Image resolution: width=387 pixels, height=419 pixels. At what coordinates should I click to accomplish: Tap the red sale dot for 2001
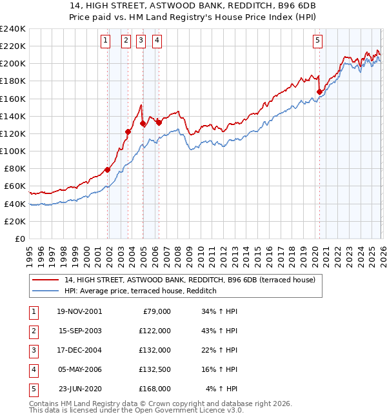point(107,170)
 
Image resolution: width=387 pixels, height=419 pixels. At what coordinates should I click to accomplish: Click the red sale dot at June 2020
point(319,92)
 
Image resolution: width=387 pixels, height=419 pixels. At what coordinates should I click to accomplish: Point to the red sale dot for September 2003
point(128,132)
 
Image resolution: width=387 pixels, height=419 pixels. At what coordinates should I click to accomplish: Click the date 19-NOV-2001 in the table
point(80,311)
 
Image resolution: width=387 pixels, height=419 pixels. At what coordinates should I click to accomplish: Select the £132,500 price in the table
point(155,369)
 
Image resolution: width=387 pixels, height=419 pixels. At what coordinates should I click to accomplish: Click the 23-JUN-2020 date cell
point(80,389)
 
